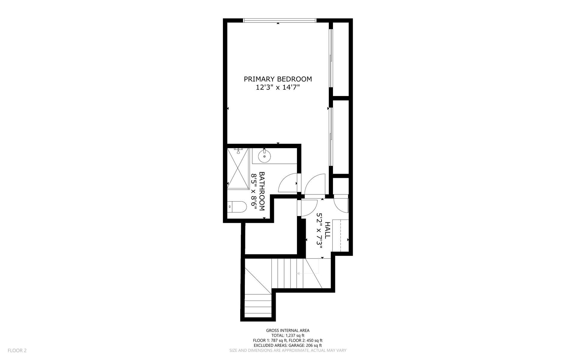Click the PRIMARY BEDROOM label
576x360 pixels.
[x=278, y=79]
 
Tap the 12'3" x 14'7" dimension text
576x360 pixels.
[x=278, y=88]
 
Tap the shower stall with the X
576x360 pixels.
[x=238, y=169]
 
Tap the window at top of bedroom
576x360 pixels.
[x=279, y=20]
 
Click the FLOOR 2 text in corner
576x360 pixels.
[x=17, y=350]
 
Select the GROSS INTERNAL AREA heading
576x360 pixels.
[x=288, y=330]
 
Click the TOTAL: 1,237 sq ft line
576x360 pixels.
[x=288, y=335]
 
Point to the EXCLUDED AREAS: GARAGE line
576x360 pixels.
[x=288, y=345]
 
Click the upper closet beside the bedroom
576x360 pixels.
[x=341, y=59]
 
